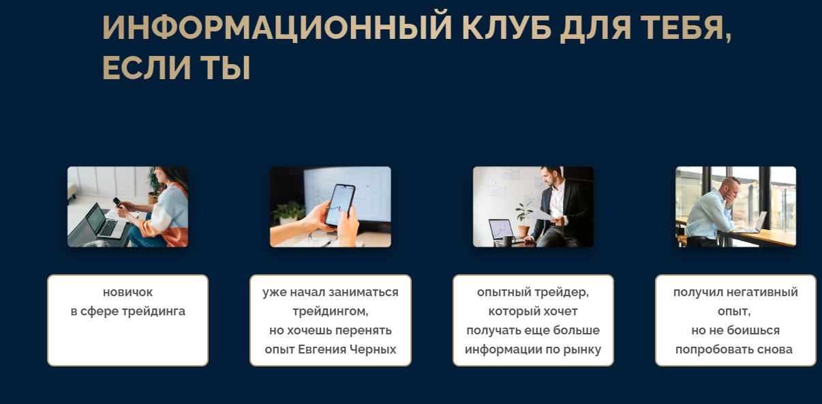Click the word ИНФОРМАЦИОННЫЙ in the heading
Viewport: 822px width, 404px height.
[277, 27]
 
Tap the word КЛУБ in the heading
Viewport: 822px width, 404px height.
[506, 27]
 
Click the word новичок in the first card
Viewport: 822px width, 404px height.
[127, 292]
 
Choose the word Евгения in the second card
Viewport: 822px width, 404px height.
[322, 349]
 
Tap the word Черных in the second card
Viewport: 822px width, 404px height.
[372, 349]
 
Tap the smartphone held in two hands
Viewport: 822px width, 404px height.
[340, 205]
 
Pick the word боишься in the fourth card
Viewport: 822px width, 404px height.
[753, 330]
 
